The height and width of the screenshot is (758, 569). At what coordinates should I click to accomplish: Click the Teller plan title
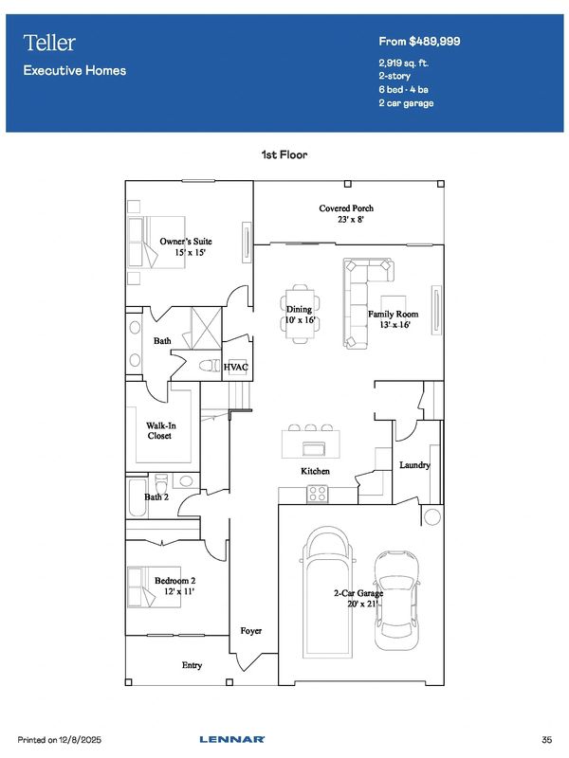coord(49,43)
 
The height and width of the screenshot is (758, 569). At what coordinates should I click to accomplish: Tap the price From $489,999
coord(419,42)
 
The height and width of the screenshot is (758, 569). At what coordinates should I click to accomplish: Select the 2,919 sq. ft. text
coord(404,63)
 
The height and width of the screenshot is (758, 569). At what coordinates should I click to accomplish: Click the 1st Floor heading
coord(284,154)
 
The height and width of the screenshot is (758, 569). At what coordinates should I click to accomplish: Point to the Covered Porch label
coord(346,208)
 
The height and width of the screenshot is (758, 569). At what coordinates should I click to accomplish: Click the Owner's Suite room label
coord(186,242)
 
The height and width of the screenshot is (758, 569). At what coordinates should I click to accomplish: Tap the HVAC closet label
coord(235,368)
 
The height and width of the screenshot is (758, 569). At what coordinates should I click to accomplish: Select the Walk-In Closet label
coord(160,431)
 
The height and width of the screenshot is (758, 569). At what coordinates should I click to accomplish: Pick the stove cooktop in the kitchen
coord(318,494)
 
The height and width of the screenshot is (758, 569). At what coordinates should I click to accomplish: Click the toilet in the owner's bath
coord(210,366)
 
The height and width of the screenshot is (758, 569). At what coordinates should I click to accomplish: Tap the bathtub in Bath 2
coord(138,498)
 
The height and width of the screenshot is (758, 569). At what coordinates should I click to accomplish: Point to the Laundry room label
coord(414,465)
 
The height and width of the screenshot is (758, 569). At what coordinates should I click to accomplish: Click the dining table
coord(300,315)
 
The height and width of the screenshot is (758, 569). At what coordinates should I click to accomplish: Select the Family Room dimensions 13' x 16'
coord(395,325)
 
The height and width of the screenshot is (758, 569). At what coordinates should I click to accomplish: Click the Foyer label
coord(251,631)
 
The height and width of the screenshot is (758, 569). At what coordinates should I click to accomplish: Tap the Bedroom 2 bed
coord(154,587)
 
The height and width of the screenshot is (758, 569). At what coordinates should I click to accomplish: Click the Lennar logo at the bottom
coord(232,740)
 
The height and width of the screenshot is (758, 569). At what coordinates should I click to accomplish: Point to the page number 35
coord(547,740)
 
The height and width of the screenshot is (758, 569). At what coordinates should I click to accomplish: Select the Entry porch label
coord(193,666)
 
